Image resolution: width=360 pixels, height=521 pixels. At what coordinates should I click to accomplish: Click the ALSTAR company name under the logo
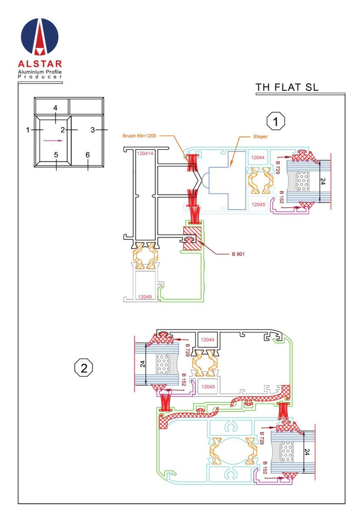[40, 64]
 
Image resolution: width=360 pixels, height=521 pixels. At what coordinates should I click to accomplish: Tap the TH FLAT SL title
[287, 87]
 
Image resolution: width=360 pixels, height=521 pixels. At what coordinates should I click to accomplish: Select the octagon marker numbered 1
[275, 121]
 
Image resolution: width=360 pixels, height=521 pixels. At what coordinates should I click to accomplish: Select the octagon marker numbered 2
[83, 368]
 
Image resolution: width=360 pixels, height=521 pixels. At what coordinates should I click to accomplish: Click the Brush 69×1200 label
[139, 136]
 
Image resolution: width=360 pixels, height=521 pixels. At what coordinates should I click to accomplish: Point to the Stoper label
[261, 136]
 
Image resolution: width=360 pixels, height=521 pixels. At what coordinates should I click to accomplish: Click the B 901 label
[238, 254]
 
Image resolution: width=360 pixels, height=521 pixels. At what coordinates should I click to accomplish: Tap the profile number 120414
[145, 153]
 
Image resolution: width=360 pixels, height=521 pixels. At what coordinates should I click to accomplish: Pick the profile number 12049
[145, 297]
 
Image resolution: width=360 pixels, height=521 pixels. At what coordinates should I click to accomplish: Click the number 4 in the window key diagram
[55, 108]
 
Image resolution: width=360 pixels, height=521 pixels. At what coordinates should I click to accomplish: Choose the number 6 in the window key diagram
[87, 155]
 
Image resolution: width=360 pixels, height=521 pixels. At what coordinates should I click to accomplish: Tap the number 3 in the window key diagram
[92, 130]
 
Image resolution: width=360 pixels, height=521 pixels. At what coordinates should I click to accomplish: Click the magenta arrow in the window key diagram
[53, 141]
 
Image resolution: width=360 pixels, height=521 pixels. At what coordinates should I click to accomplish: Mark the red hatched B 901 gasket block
[192, 238]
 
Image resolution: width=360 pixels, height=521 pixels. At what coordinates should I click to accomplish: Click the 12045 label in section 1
[258, 204]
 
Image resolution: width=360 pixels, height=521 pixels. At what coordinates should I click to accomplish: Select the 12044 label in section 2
[207, 340]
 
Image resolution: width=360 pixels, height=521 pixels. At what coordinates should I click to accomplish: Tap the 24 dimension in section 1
[322, 181]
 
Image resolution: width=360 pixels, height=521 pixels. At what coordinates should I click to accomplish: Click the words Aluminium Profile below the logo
[40, 72]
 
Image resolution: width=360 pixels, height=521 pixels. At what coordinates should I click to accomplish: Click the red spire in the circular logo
[40, 37]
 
